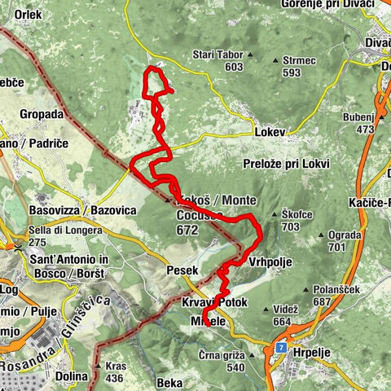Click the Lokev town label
click(270, 130)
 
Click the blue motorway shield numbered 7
click(280, 348)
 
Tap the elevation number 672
click(187, 231)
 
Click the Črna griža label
click(222, 355)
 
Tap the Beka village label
click(169, 381)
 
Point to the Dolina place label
click(72, 376)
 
